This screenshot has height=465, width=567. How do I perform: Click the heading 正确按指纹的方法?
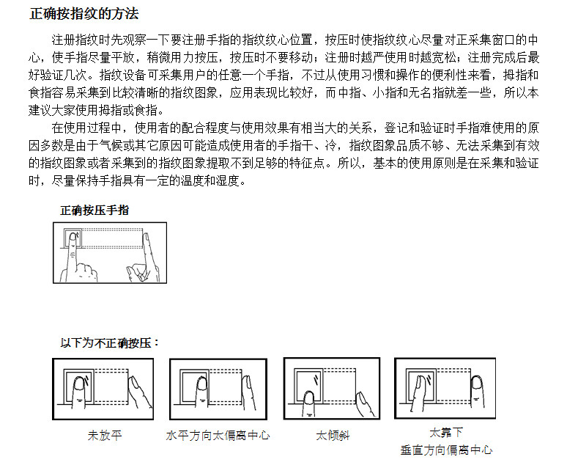click(84, 14)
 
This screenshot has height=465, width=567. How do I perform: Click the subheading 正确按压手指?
click(94, 210)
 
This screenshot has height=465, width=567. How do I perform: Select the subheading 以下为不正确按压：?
click(110, 343)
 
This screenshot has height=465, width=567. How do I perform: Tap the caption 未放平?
click(105, 435)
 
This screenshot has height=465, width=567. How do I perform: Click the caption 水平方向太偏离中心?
click(218, 435)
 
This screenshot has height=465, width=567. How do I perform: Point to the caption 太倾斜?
click(333, 435)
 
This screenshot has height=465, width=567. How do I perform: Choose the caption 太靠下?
click(446, 432)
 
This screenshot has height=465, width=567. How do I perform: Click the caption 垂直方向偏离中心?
click(446, 450)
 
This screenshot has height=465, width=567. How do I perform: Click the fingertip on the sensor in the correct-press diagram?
click(73, 239)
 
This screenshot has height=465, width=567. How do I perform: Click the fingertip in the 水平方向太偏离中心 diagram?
click(201, 385)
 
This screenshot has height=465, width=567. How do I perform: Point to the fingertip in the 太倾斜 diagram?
click(308, 398)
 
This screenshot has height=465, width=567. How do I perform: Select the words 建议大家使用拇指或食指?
click(92, 110)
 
